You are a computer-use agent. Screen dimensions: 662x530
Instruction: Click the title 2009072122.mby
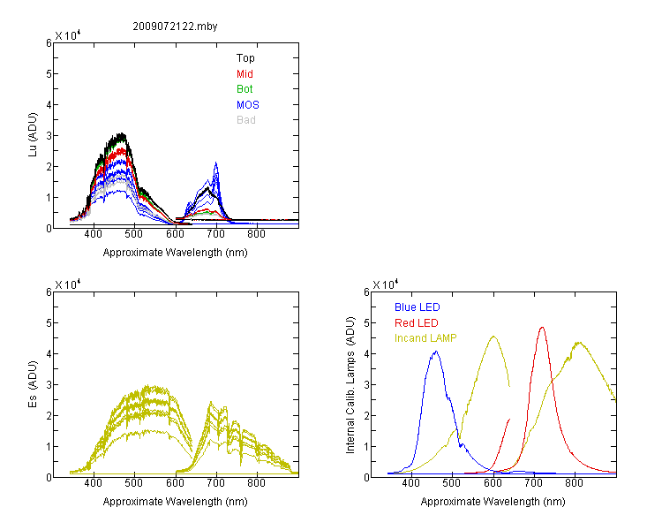point(175,26)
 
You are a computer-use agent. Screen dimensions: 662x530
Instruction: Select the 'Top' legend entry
point(245,58)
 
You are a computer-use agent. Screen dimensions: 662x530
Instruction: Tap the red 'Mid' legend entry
point(244,73)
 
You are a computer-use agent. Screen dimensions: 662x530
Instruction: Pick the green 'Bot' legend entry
point(244,88)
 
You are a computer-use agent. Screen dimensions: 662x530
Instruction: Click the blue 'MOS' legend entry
point(247,104)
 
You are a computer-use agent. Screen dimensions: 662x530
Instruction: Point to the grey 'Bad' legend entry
point(245,119)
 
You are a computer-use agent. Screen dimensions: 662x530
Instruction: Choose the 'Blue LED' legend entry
point(418,307)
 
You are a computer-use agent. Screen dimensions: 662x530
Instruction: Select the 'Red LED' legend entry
point(417,322)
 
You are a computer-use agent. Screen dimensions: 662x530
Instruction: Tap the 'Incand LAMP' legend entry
point(425,337)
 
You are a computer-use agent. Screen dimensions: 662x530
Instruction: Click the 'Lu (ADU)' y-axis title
point(33,134)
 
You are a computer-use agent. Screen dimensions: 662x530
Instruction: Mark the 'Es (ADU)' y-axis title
point(33,383)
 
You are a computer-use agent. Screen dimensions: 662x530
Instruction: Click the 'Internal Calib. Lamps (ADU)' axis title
point(350,385)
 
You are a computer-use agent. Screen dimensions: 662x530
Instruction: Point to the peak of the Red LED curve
point(542,327)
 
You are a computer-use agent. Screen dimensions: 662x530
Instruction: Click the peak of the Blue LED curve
point(436,352)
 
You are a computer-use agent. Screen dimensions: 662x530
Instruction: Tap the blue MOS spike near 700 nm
point(215,163)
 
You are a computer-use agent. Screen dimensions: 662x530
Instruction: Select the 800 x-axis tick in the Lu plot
point(256,234)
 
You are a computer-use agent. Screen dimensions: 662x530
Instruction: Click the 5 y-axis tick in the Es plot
point(49,323)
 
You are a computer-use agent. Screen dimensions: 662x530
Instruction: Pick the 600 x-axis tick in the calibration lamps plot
point(493,482)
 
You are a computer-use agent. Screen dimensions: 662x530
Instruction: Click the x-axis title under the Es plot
point(175,501)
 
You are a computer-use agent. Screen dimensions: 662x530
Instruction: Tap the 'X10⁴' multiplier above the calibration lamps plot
point(385,284)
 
